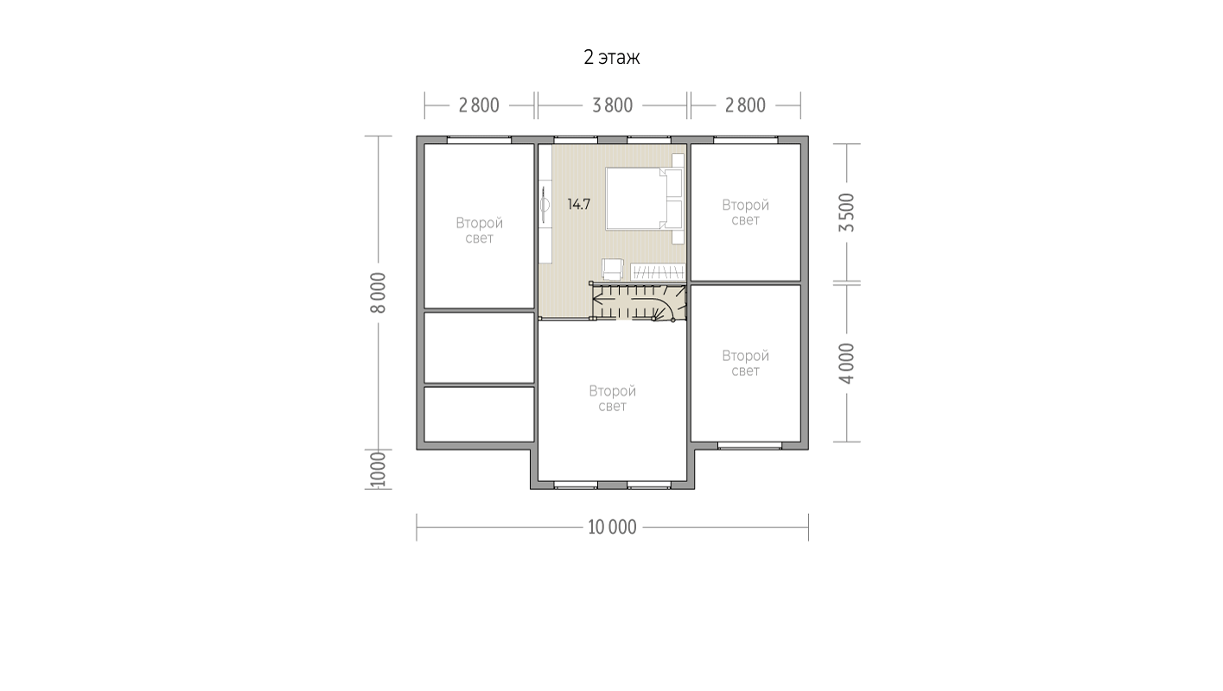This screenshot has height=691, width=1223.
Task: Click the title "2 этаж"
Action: tap(612, 57)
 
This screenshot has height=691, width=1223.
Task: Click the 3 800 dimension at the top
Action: tap(613, 105)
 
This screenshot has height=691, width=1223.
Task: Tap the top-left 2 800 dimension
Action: tap(479, 105)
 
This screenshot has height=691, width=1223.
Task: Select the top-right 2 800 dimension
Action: tap(745, 105)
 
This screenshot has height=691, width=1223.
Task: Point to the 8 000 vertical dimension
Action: tap(378, 293)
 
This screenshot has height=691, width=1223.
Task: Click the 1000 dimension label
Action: tap(378, 469)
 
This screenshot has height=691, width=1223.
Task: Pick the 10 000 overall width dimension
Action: tap(612, 527)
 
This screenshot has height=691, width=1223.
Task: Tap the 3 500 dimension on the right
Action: tap(846, 212)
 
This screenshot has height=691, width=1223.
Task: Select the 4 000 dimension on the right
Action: tap(846, 364)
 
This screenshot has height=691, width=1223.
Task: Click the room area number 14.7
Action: tap(579, 205)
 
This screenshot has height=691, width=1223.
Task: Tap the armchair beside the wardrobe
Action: tap(613, 269)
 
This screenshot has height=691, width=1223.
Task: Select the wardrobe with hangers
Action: tap(658, 272)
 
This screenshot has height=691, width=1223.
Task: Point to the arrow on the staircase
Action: tap(627, 300)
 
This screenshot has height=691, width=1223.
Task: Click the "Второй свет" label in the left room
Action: tap(479, 231)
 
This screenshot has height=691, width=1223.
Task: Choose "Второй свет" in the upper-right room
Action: tap(745, 212)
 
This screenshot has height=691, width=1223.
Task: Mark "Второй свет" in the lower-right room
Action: tap(745, 363)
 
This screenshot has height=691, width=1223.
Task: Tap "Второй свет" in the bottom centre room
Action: tap(612, 398)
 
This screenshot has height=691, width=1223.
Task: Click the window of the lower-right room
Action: tap(749, 446)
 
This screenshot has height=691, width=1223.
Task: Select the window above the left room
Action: tap(480, 140)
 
